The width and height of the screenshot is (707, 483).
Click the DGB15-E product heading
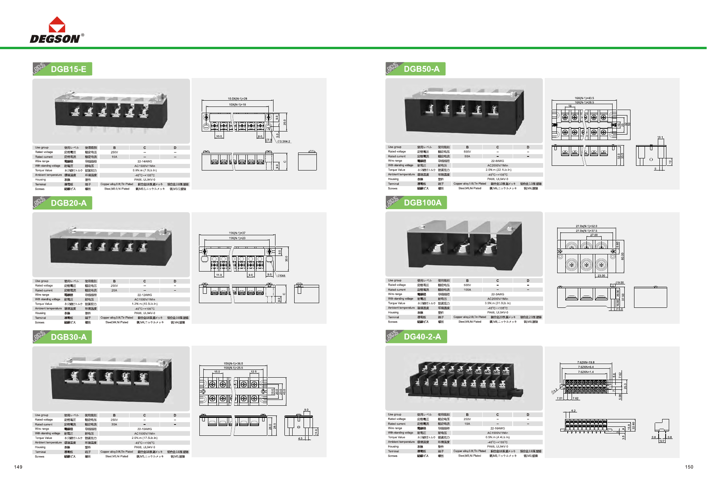pos(68,69)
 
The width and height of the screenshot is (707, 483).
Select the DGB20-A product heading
pos(69,203)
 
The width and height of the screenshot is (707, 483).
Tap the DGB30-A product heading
pos(69,337)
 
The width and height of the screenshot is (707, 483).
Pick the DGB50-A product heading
pos(421,69)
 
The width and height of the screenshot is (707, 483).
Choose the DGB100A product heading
pos(423,202)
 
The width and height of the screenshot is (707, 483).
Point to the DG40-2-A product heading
pos(422,337)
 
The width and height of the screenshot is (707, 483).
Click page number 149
pos(18,467)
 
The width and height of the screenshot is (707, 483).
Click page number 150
pos(689,467)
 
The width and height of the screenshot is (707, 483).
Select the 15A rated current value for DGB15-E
pos(114,157)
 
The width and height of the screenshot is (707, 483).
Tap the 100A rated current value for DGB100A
pos(467,290)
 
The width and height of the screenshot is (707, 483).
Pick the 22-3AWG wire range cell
pos(497,295)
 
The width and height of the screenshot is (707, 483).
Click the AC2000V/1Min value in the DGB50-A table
pos(497,165)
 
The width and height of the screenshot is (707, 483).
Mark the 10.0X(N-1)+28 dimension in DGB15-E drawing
pos(238,99)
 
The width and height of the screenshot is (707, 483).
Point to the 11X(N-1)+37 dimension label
pos(237,233)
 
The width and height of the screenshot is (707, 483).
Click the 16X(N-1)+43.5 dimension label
pos(584,98)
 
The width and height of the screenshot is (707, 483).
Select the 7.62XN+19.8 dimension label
pos(586,362)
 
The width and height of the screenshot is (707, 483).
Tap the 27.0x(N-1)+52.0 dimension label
pos(586,226)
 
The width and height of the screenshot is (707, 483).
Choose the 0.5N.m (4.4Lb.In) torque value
pos(497,437)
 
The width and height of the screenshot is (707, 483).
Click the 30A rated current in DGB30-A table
pos(114,424)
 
